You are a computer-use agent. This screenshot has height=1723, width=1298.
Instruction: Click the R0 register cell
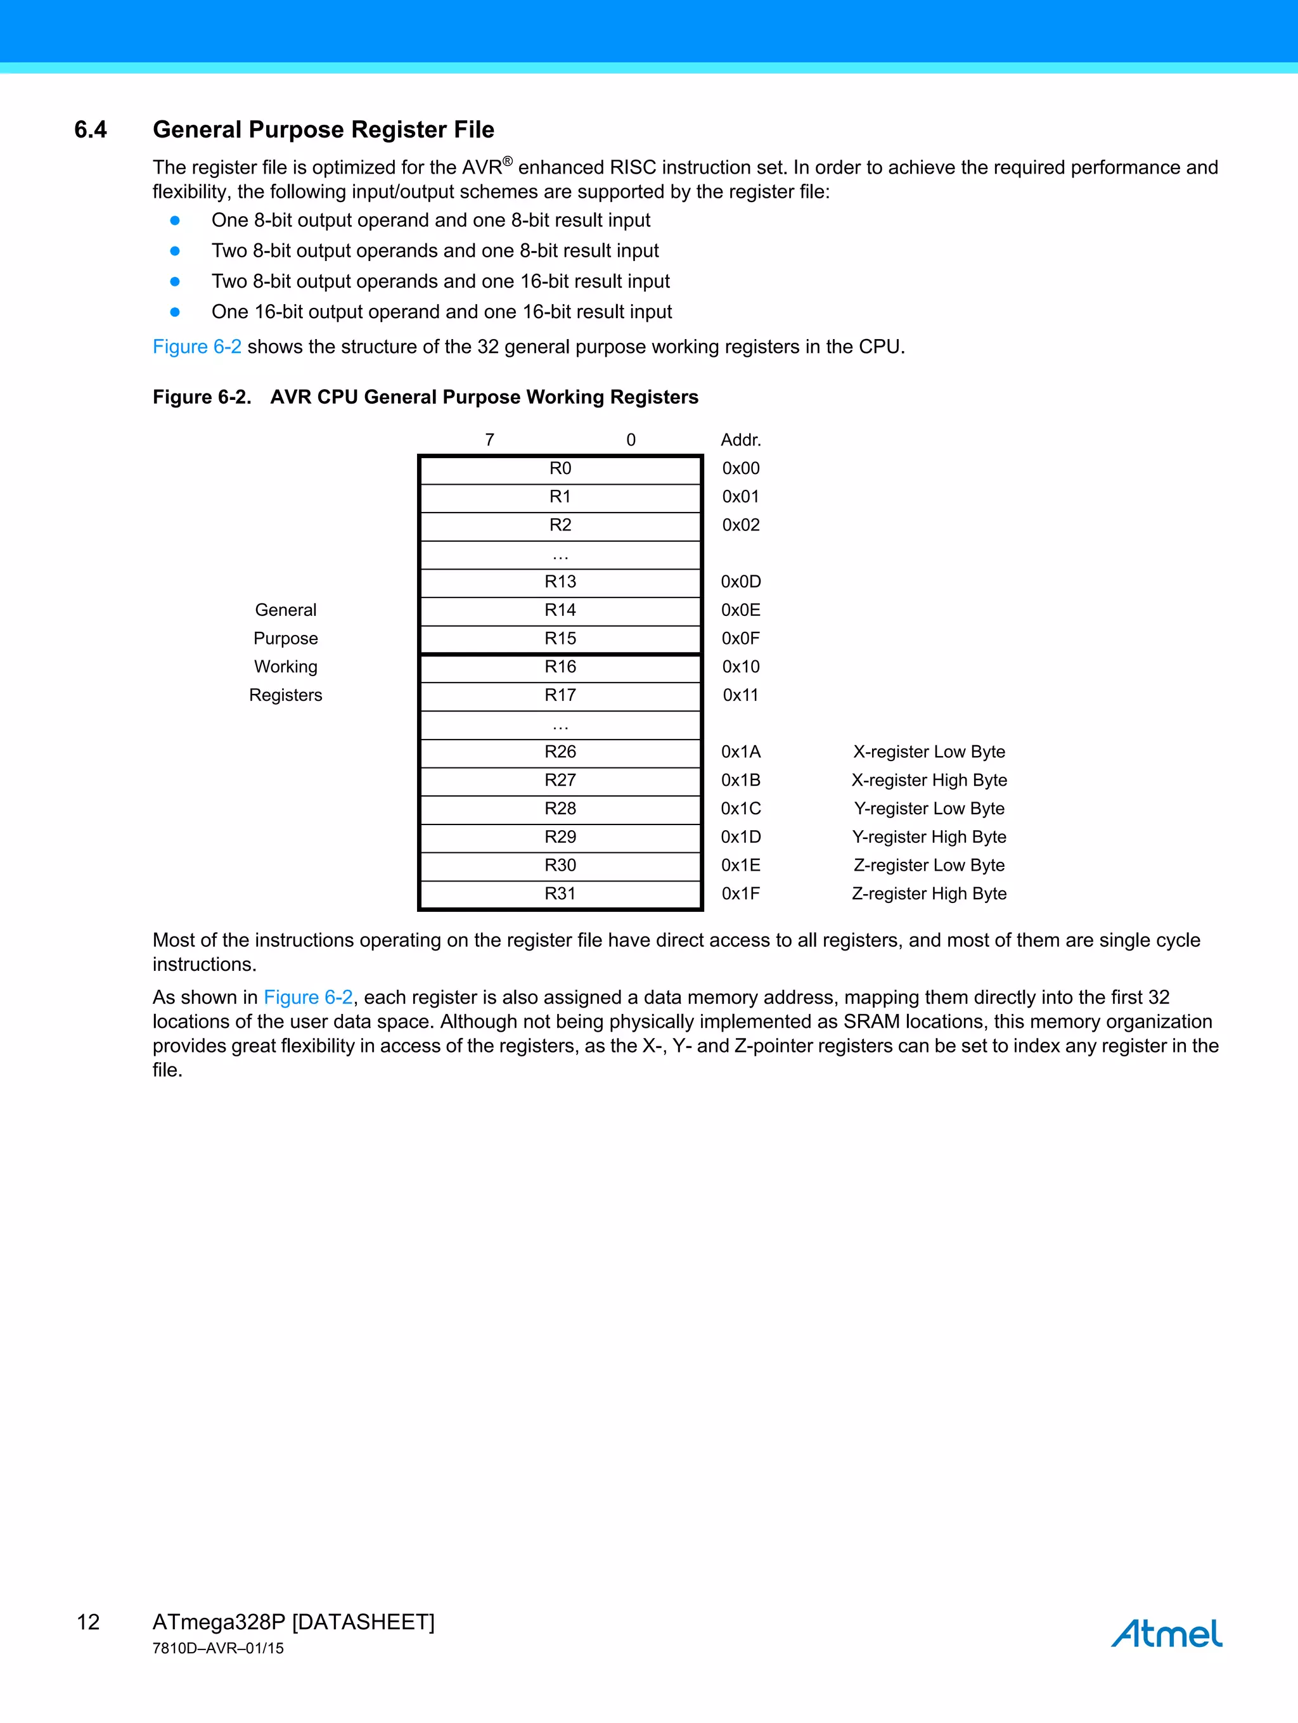560,469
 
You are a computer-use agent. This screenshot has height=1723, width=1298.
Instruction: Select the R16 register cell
560,667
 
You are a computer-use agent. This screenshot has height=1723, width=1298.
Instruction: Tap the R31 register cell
560,894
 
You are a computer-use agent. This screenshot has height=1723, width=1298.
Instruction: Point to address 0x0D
740,582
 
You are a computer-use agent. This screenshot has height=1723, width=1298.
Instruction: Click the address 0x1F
740,894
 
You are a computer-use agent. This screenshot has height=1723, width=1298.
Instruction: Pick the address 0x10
740,667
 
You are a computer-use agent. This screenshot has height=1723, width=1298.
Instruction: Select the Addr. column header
740,440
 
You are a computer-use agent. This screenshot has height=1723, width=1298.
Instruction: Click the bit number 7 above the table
489,440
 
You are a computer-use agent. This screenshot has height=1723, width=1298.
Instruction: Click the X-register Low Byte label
929,752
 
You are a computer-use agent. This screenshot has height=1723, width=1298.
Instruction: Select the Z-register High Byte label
929,894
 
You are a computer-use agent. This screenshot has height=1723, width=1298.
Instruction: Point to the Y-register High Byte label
929,837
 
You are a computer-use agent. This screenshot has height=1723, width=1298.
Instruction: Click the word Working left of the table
285,667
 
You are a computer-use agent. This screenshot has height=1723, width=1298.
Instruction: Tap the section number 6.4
91,130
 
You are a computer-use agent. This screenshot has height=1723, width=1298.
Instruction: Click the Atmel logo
1166,1634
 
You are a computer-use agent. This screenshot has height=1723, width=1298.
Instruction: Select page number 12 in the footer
88,1622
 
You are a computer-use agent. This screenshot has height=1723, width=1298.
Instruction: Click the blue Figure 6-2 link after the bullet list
196,347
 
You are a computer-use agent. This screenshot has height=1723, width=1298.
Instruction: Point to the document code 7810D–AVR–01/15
218,1649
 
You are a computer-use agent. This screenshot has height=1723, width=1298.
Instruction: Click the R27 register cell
560,781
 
